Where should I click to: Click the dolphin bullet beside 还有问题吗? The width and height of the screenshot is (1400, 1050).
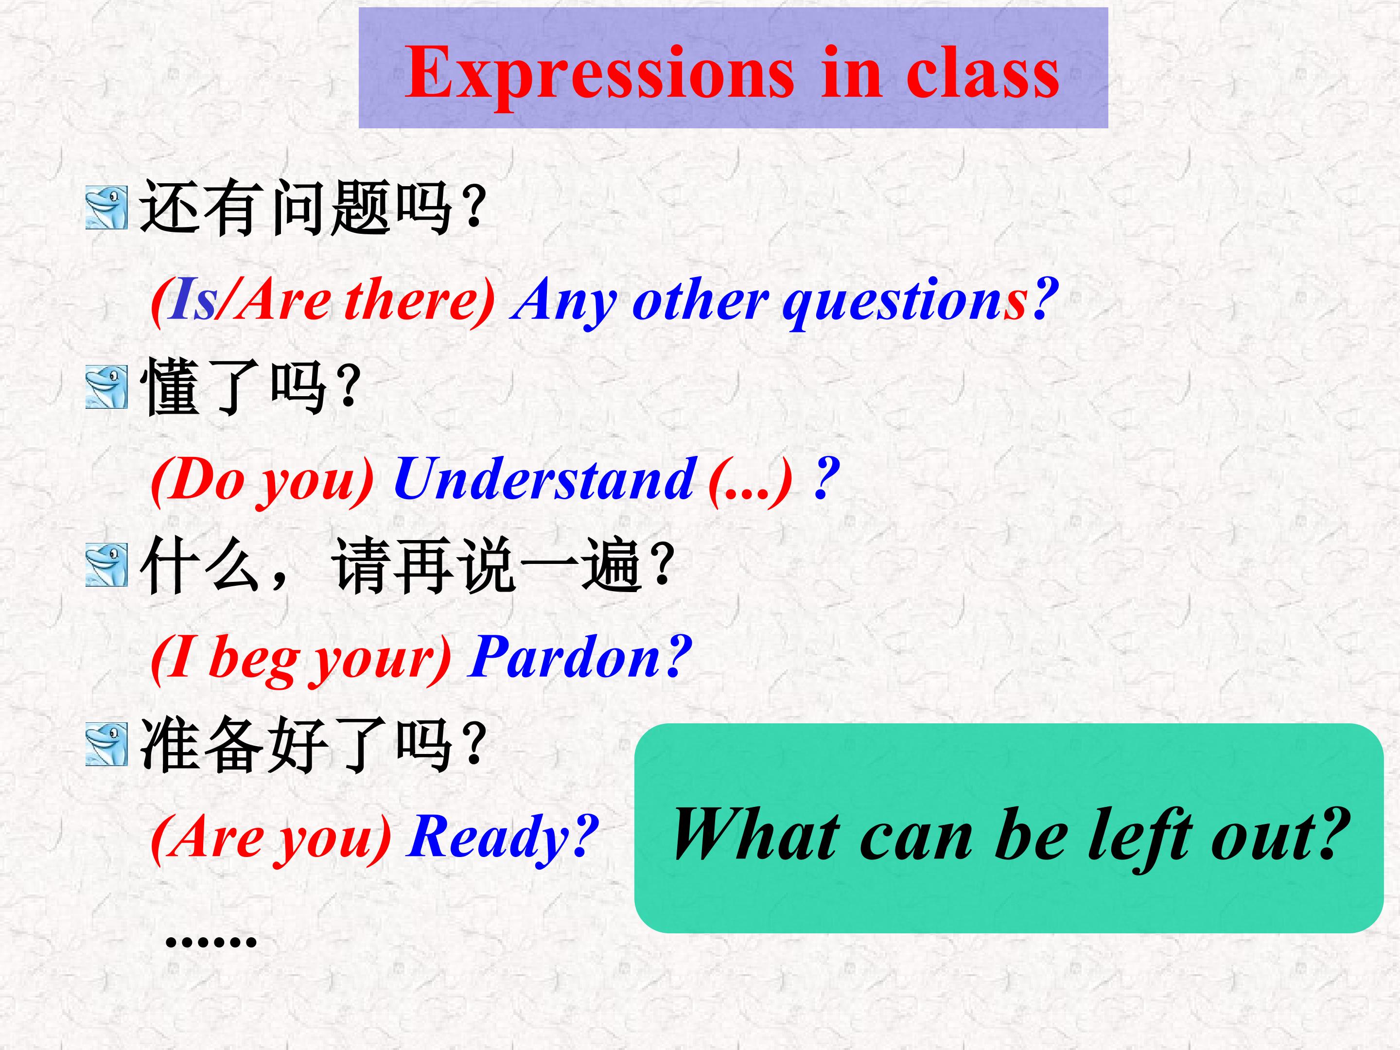point(106,208)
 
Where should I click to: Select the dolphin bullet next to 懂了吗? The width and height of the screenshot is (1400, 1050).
point(106,387)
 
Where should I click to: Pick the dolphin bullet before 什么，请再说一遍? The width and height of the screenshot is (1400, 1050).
point(106,565)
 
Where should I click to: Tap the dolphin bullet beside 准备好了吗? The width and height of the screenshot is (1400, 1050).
point(106,744)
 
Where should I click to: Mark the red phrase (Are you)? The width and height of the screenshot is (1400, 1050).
point(271,839)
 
